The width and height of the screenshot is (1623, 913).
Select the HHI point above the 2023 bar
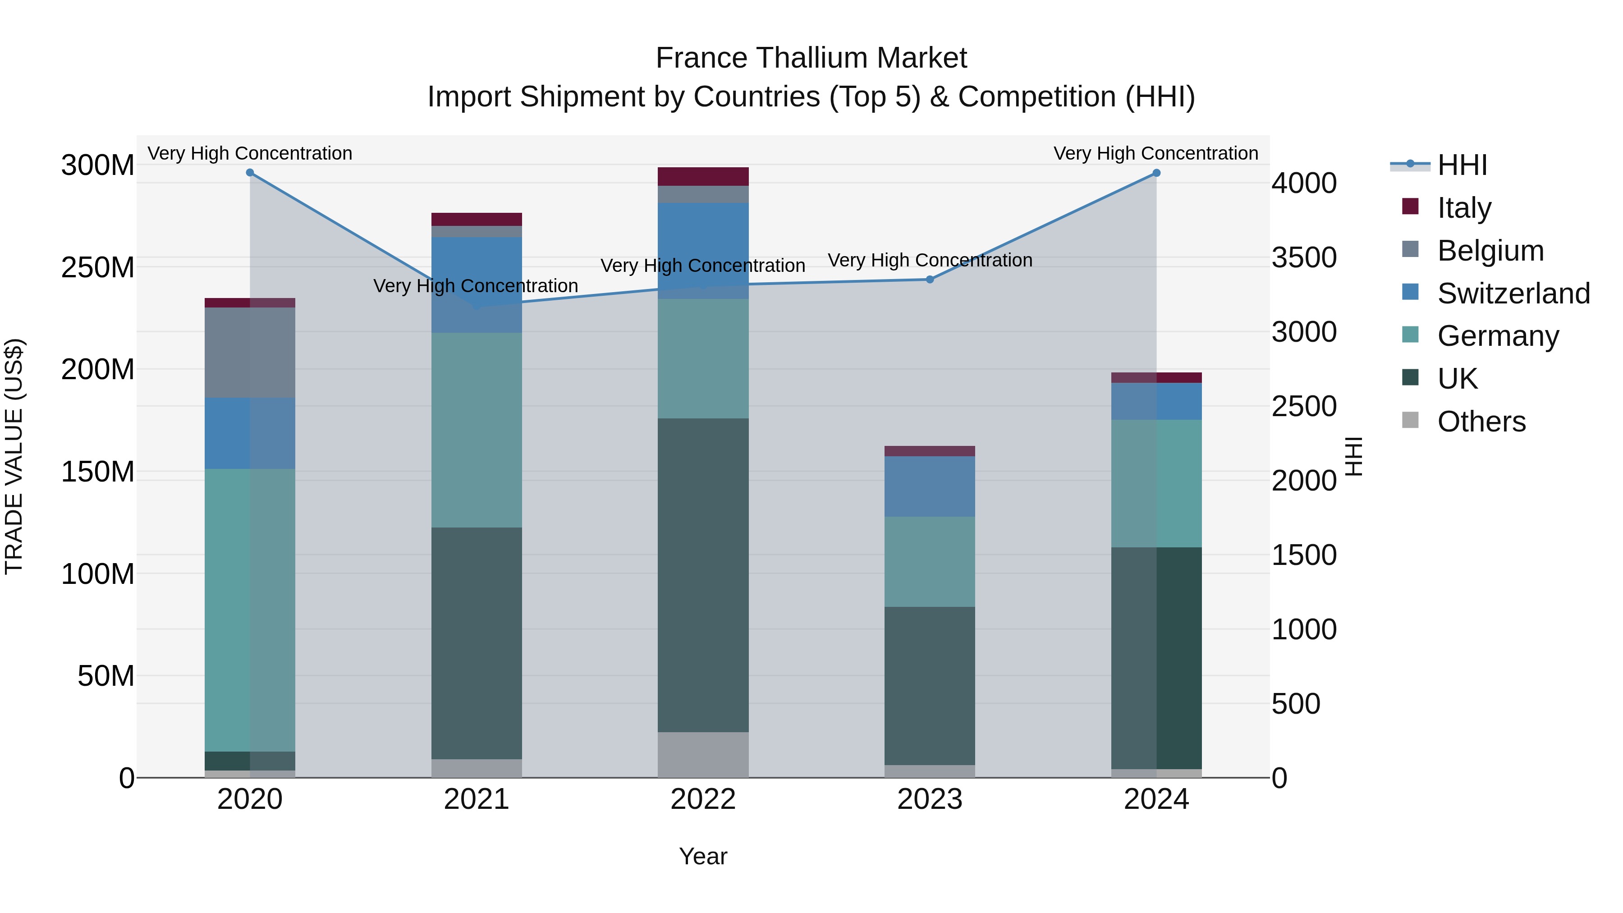pos(930,279)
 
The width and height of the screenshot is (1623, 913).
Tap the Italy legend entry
pos(1463,207)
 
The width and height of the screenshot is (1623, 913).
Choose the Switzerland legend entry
pos(1512,293)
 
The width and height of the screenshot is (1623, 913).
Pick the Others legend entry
pos(1481,422)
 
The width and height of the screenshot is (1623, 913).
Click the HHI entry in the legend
pos(1461,165)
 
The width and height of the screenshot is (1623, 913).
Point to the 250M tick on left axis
pos(98,267)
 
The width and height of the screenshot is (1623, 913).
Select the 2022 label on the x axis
pos(703,799)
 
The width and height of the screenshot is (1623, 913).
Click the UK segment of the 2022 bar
pos(703,575)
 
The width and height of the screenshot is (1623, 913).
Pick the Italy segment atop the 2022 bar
pos(703,176)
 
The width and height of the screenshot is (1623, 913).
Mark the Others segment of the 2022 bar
pos(703,754)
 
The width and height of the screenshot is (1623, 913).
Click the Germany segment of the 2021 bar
pos(477,430)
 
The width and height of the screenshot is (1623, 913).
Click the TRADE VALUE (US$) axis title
pos(14,456)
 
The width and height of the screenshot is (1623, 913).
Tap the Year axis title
pos(703,856)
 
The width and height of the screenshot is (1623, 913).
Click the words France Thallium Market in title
pos(811,58)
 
